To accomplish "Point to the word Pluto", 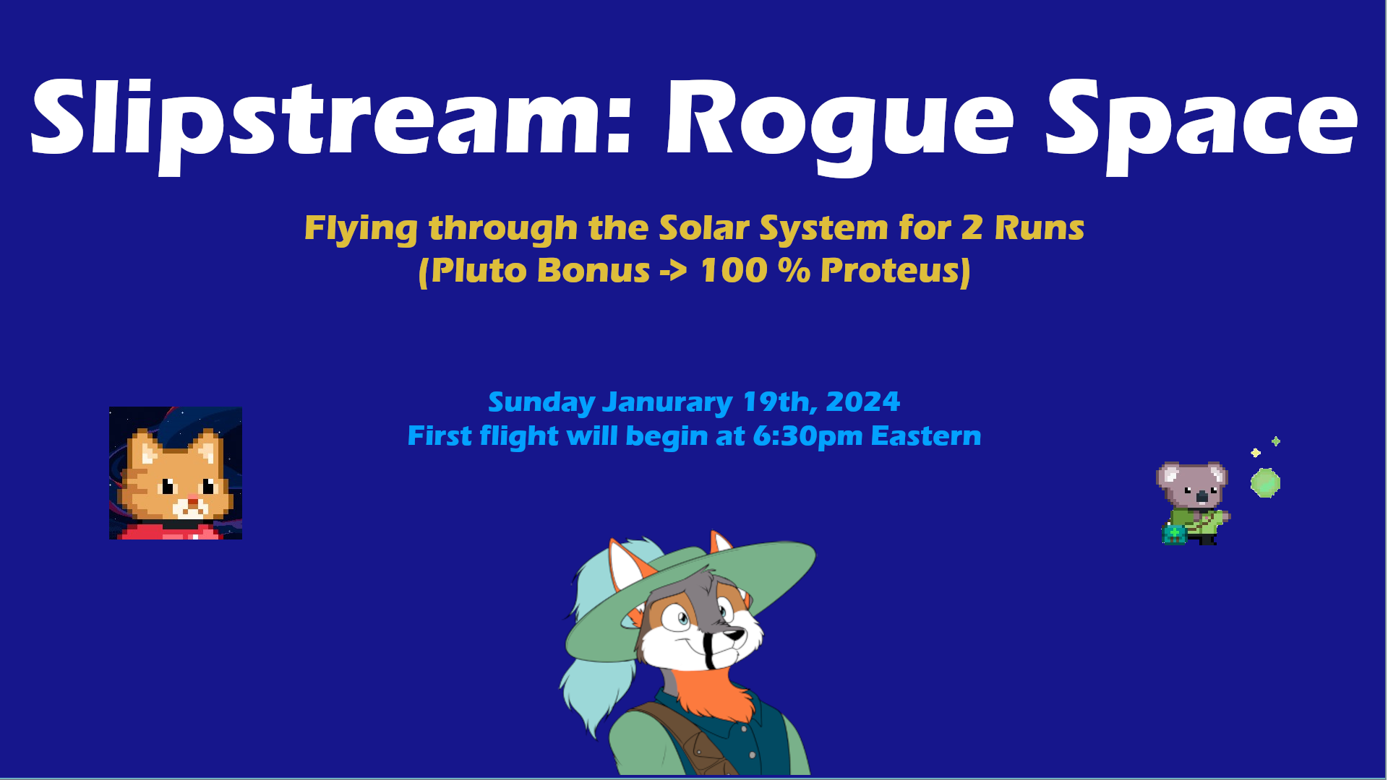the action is click(479, 271).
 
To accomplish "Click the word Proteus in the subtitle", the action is click(889, 271).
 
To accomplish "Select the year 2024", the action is click(862, 402).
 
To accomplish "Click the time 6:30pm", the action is click(807, 437).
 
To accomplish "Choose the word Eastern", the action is click(926, 436).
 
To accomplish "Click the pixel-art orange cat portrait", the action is click(176, 473).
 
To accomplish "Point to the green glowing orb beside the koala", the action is click(1265, 482).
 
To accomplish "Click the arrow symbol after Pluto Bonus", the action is click(673, 272).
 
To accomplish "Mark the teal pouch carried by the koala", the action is click(1174, 534).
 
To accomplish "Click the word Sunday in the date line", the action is click(541, 402).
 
